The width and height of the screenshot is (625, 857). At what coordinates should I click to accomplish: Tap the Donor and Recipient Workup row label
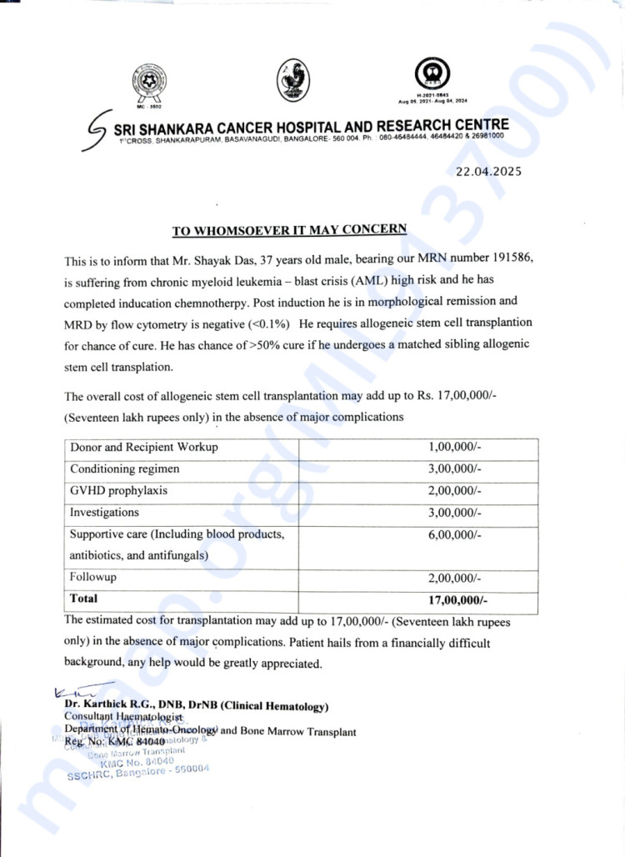coord(144,448)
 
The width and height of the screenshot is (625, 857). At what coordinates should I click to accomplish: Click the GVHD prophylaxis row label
coord(118,491)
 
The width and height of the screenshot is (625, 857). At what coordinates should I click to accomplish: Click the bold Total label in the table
coord(83,599)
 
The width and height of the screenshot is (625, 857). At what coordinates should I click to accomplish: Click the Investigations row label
coord(104,513)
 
